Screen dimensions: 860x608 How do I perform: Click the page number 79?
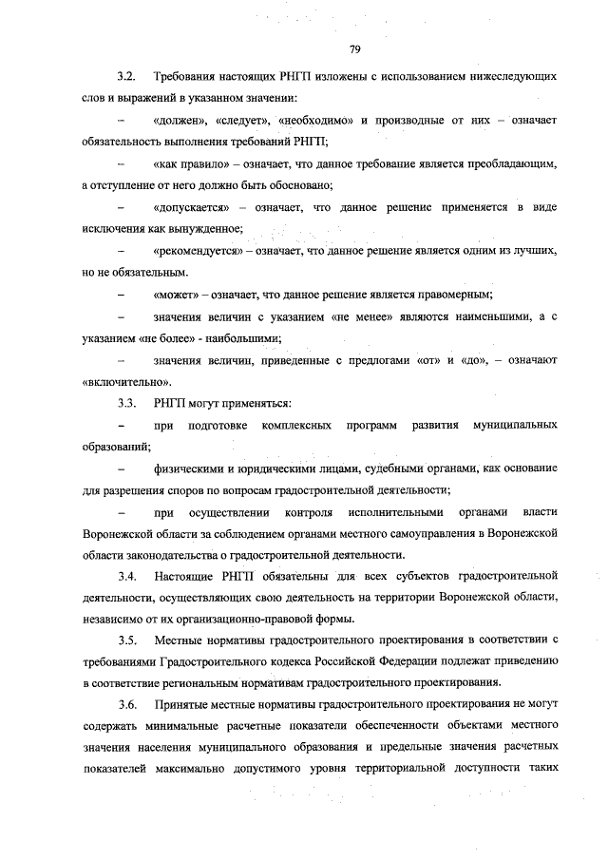pos(352,48)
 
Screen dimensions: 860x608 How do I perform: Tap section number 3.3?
pos(127,403)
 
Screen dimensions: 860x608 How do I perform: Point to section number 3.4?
pos(127,577)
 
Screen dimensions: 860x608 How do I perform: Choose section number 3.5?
pos(127,641)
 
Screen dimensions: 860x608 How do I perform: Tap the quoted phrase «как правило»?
pos(190,163)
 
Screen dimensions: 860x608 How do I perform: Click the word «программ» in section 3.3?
pos(371,425)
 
